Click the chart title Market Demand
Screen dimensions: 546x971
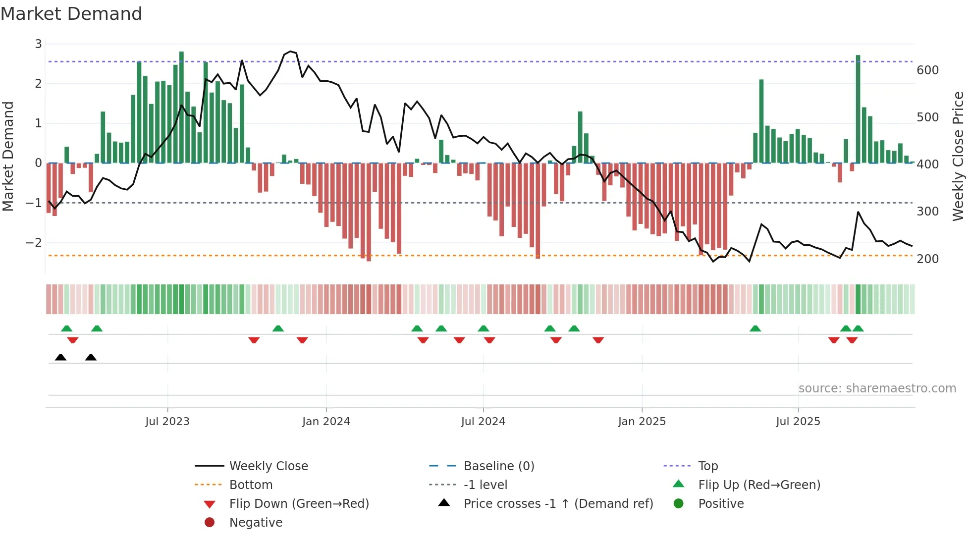point(71,14)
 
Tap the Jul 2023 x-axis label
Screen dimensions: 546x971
point(167,422)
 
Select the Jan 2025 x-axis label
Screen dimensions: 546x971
point(642,422)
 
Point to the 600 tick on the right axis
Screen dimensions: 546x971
point(927,70)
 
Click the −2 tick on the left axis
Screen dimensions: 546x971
point(34,243)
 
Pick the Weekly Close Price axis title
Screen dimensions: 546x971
point(958,156)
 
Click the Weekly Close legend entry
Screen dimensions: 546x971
point(268,466)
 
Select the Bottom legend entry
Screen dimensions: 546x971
point(251,485)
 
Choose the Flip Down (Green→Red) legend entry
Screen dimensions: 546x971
point(299,504)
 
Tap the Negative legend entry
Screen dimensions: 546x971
point(256,523)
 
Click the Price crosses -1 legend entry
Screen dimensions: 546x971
point(558,504)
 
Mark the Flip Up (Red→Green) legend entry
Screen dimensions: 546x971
point(759,485)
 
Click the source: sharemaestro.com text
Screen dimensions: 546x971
point(877,388)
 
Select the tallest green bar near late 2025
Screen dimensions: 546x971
point(858,109)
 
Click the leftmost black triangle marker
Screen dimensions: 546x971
point(60,357)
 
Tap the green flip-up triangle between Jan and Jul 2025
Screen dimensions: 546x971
point(755,328)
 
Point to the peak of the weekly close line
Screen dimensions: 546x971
point(290,51)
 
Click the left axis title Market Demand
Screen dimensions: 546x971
point(8,156)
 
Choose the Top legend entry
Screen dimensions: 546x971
point(707,466)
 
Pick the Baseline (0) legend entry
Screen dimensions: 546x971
point(498,466)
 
